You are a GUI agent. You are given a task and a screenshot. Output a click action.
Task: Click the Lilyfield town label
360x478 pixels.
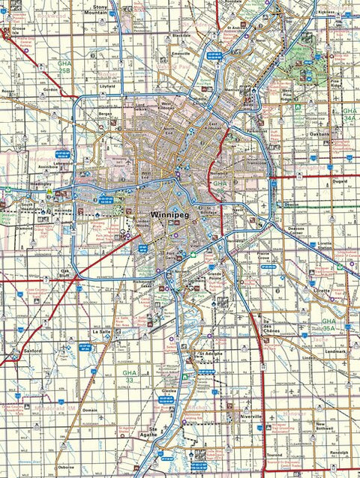coord(107,86)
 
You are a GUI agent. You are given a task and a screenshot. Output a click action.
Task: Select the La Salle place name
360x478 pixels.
coord(100,330)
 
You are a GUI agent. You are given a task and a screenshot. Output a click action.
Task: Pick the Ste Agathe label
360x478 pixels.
coord(147,432)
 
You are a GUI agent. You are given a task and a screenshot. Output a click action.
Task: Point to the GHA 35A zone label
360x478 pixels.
coord(328,325)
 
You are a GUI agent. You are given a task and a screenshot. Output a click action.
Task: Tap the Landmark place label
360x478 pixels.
coord(336,351)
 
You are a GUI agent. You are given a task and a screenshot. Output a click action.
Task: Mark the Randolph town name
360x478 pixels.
coord(339,453)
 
